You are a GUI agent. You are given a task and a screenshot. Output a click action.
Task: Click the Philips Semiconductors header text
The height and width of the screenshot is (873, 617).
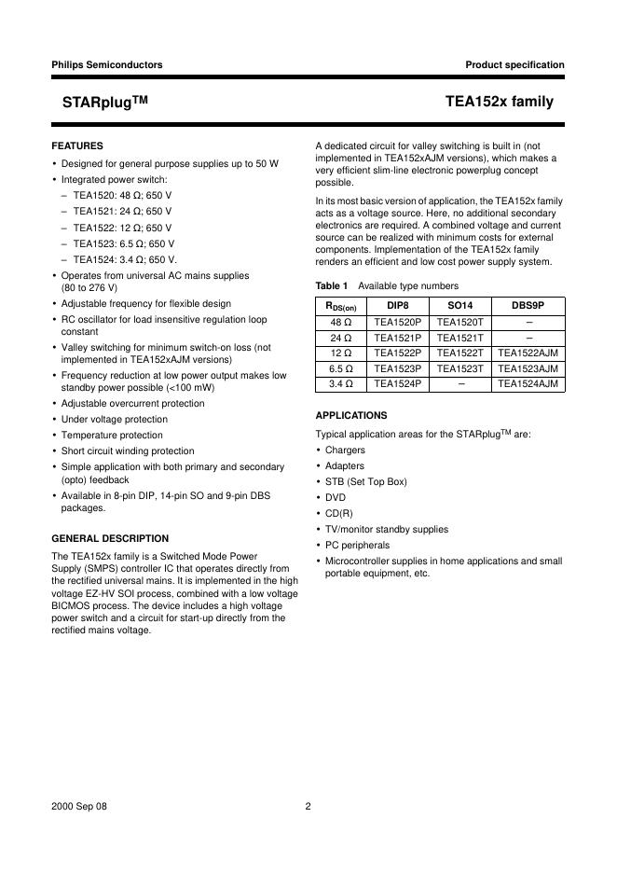point(106,65)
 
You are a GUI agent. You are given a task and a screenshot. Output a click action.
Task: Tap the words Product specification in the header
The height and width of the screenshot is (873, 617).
point(514,65)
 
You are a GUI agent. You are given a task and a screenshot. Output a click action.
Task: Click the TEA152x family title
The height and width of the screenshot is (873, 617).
point(500,103)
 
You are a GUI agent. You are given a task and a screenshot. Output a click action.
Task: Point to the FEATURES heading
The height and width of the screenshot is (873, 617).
point(77,146)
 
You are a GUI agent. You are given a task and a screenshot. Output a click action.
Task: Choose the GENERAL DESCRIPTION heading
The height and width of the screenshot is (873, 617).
point(110,538)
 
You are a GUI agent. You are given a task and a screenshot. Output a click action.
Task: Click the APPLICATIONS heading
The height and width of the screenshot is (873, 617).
point(351,415)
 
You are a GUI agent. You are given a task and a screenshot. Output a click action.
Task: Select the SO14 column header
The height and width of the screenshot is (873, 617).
point(461,305)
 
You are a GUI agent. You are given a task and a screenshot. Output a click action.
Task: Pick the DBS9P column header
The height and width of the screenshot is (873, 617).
point(528,305)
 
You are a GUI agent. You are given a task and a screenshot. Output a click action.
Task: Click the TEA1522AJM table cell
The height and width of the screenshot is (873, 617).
point(528,353)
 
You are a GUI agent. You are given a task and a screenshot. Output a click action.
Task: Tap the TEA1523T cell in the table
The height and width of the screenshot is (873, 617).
point(461,368)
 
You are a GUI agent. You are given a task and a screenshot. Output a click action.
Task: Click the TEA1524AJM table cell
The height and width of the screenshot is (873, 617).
point(528,383)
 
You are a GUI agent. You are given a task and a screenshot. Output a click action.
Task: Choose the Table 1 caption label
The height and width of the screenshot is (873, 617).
point(332,285)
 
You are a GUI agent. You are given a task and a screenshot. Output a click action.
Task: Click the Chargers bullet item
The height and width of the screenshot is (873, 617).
point(345,450)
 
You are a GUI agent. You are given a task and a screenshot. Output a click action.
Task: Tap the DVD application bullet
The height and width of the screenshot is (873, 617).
point(336,498)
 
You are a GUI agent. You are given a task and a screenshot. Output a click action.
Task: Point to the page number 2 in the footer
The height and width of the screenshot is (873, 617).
point(308,807)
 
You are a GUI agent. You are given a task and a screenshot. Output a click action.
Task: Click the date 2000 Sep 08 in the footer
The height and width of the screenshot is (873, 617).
point(79,807)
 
